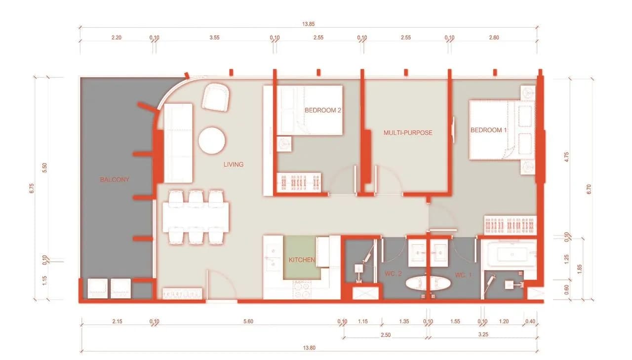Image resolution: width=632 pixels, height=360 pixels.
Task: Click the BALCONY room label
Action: [x=115, y=179]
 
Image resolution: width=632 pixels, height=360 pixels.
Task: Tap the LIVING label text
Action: [x=234, y=164]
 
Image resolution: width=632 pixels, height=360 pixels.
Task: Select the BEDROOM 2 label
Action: [x=323, y=110]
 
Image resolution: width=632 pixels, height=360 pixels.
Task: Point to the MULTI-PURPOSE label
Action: [x=408, y=133]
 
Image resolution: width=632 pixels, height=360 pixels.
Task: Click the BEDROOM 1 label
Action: [x=488, y=130]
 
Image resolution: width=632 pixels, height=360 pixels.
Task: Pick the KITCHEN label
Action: [x=302, y=260]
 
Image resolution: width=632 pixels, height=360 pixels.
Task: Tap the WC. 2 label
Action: [x=393, y=274]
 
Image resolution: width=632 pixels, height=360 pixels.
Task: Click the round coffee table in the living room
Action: [x=212, y=141]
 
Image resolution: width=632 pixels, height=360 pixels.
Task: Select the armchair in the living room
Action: [x=216, y=97]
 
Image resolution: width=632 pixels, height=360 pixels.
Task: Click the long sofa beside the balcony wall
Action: [x=178, y=143]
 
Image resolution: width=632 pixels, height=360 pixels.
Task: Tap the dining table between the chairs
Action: [x=196, y=217]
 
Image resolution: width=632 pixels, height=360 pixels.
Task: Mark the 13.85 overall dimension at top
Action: [x=309, y=24]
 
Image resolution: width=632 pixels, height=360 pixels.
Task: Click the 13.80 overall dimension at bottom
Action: [x=309, y=348]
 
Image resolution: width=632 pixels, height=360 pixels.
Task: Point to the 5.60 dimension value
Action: [x=248, y=321]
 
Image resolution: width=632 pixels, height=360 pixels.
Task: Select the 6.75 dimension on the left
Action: [x=32, y=188]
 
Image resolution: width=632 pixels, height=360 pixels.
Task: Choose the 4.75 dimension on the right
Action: [x=566, y=157]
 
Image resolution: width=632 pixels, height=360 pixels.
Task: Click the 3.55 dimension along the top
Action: [x=214, y=38]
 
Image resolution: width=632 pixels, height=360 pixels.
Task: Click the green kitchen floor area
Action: [x=302, y=257]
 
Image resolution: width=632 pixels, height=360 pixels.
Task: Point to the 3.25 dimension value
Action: [x=483, y=335]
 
